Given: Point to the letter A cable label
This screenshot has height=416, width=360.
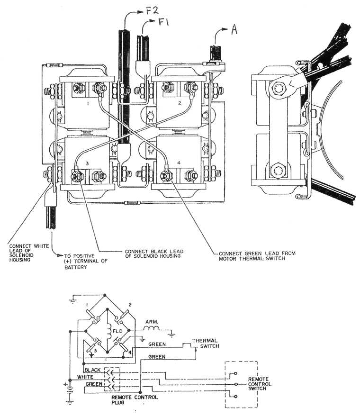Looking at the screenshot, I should coord(234,31).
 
